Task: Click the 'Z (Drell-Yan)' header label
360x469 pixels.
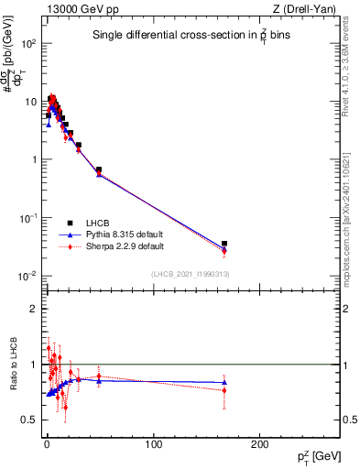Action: point(309,9)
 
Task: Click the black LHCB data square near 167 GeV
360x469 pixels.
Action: point(224,244)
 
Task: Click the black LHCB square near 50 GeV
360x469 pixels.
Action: point(99,169)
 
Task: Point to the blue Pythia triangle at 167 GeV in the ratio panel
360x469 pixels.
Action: point(224,382)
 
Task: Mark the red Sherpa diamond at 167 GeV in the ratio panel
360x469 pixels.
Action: point(224,390)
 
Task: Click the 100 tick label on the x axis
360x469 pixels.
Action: point(154,445)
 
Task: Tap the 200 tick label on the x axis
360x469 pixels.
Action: point(260,445)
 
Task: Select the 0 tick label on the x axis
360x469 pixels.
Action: point(47,445)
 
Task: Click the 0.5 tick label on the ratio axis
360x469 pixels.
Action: point(29,420)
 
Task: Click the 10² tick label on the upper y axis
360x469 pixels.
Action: point(28,43)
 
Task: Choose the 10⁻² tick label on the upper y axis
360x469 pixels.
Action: point(27,276)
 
